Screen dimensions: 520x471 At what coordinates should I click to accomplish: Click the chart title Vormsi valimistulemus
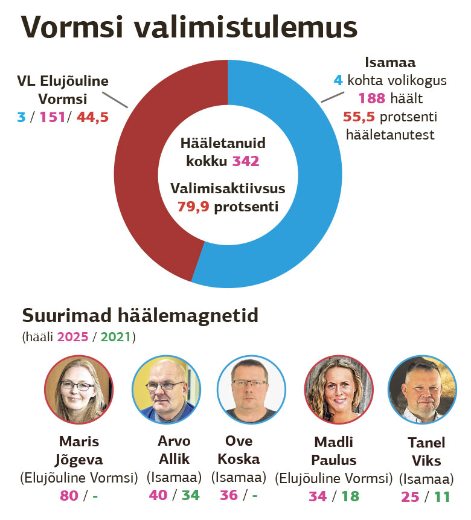188,28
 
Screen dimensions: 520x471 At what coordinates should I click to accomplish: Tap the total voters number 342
246,161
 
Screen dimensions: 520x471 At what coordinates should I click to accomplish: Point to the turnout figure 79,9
193,207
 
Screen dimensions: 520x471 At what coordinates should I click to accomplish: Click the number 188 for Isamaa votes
372,98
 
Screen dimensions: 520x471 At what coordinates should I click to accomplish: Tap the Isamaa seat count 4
338,80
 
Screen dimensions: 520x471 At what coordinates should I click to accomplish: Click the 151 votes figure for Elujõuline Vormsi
52,117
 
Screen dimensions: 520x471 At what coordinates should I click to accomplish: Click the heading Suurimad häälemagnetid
139,315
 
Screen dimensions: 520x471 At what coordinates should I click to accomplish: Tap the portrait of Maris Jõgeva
79,389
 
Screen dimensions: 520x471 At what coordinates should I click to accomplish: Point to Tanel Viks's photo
421,389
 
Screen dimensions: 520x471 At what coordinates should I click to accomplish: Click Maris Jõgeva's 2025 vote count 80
69,496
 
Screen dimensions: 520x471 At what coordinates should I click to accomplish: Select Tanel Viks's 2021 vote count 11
442,497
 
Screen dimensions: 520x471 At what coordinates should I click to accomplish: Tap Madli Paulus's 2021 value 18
349,496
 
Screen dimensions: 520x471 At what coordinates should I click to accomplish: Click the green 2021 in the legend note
115,336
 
